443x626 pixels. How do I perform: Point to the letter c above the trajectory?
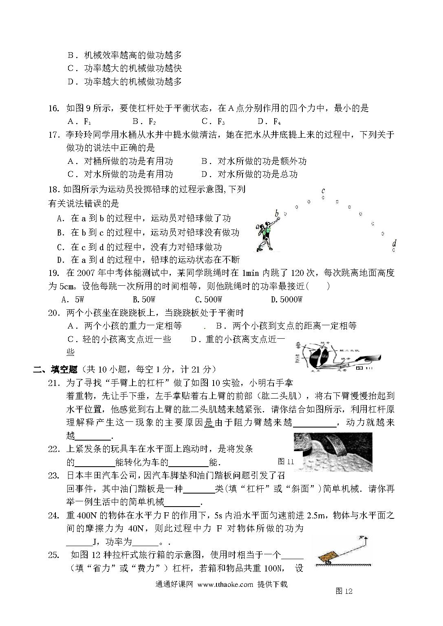tap(323, 190)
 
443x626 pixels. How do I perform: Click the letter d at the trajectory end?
tap(394, 243)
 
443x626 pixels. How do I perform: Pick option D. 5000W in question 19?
tap(287, 300)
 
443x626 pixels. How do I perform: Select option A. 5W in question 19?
tap(73, 300)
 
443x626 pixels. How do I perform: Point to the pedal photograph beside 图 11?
tap(333, 451)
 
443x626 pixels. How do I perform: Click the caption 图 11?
tap(285, 461)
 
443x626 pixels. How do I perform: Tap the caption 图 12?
tap(344, 591)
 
